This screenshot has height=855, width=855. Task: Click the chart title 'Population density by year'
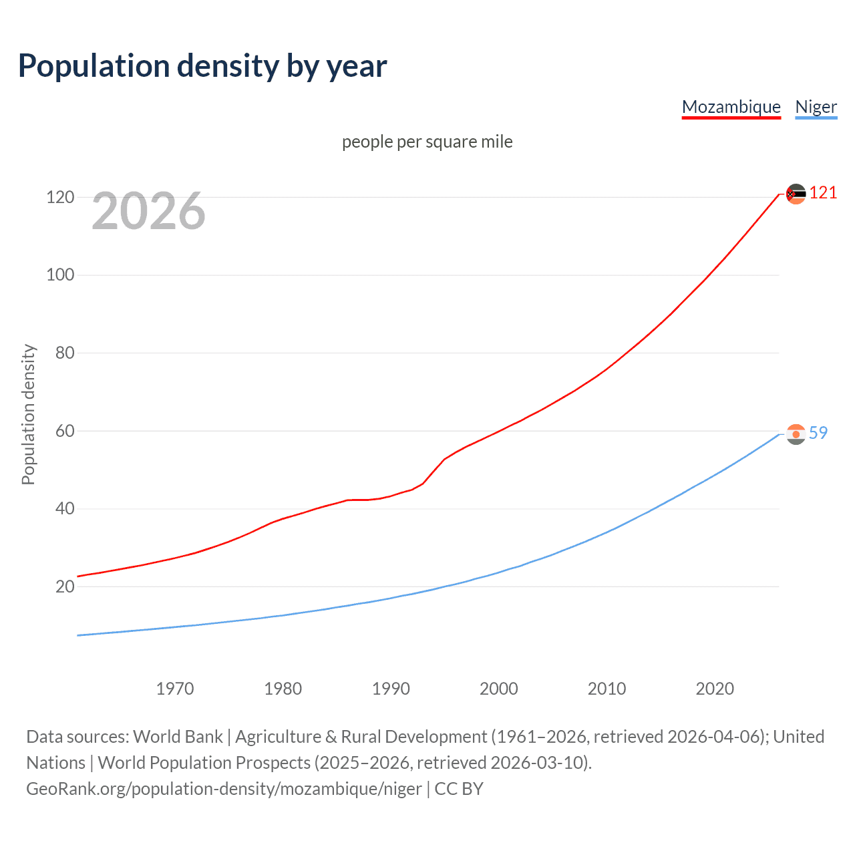(x=202, y=66)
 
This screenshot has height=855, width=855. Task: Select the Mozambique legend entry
(x=731, y=107)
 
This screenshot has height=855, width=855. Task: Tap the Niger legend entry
(x=816, y=107)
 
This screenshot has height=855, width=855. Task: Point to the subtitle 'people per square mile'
(x=427, y=142)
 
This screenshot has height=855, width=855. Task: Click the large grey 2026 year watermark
(x=148, y=211)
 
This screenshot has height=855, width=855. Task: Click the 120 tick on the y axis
(x=59, y=197)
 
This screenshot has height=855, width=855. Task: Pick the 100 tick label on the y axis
(x=59, y=275)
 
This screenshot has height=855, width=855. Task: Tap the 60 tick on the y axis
(x=64, y=431)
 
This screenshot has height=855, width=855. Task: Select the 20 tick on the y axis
(x=64, y=586)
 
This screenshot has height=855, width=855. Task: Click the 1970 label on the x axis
(x=175, y=689)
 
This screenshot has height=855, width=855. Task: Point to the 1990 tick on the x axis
(x=391, y=689)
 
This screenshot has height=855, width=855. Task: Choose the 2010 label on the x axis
(x=607, y=689)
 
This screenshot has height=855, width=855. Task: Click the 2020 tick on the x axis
(x=715, y=689)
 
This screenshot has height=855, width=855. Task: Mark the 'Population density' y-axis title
(x=28, y=414)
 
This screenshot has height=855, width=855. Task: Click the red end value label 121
(x=823, y=193)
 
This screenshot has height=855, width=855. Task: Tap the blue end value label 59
(x=818, y=433)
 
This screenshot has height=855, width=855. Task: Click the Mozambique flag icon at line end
(x=796, y=194)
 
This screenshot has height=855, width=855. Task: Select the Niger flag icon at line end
(x=796, y=434)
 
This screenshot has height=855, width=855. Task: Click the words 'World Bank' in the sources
(x=178, y=736)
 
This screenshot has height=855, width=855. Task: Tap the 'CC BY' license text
(x=459, y=789)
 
